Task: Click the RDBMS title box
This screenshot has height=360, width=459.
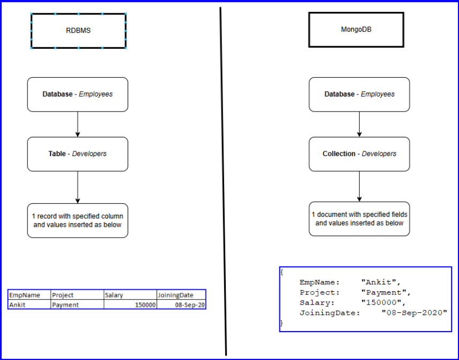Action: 78,31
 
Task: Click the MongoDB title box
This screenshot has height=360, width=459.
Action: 356,30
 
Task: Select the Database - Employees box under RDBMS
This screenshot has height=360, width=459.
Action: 78,94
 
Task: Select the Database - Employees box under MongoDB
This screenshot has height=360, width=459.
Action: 359,94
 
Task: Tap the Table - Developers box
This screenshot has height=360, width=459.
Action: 78,154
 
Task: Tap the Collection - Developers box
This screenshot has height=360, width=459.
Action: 359,154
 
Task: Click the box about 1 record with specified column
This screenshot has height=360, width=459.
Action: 78,221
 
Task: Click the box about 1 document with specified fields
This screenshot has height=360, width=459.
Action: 359,219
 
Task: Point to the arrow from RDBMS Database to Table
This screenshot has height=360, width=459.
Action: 78,124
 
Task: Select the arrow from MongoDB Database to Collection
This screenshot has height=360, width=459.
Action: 359,124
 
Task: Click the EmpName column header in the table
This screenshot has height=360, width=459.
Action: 29,295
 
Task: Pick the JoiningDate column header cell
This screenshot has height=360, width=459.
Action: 181,295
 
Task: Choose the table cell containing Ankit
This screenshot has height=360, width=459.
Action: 29,305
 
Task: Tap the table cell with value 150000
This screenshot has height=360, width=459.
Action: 130,305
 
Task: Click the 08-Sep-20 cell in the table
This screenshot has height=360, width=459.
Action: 181,305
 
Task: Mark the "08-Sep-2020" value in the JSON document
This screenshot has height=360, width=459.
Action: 414,313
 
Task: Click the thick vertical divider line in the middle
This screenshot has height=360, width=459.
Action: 223,182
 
